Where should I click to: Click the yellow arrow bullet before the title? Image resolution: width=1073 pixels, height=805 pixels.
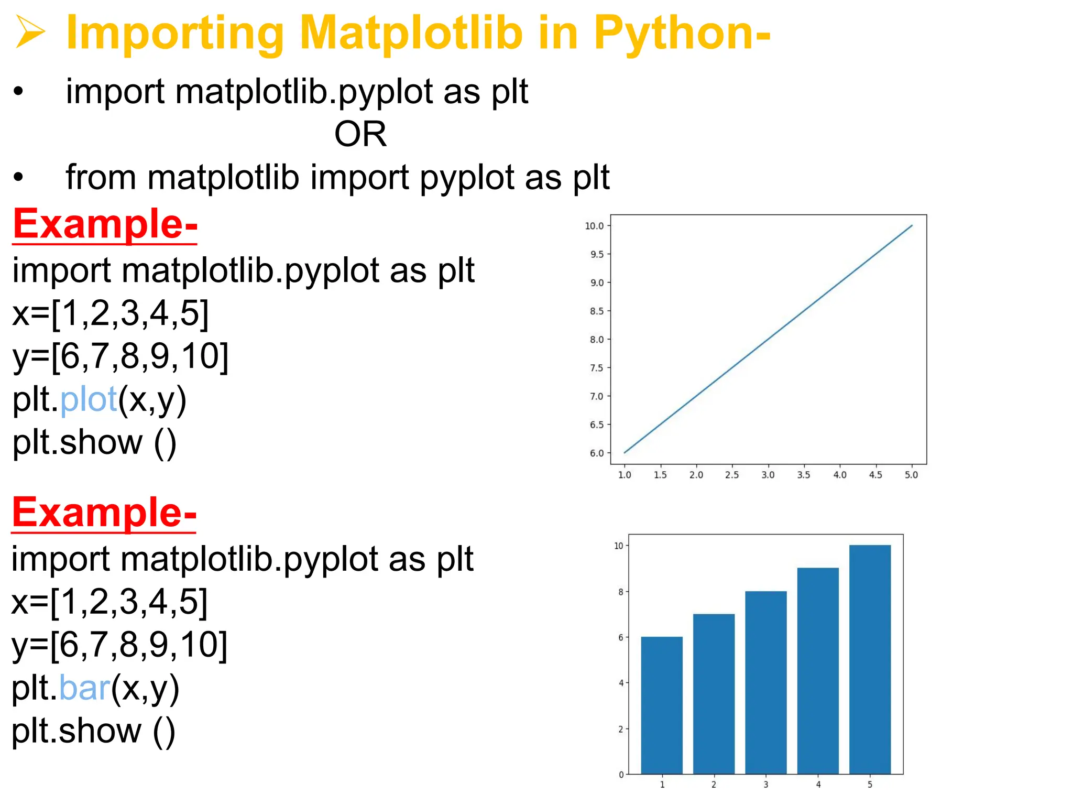pos(30,32)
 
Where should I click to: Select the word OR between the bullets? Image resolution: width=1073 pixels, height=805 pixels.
pos(360,134)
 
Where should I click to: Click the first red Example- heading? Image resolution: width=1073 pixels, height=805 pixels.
pos(105,224)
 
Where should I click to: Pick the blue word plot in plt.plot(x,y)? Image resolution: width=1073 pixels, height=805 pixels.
pos(89,399)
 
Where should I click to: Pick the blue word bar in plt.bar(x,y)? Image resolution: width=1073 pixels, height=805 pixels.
pos(84,688)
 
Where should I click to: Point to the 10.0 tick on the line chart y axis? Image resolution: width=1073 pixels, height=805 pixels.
pos(595,226)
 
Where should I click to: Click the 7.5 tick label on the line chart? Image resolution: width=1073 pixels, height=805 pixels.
pos(596,368)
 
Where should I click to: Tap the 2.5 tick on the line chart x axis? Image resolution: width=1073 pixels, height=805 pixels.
pos(732,475)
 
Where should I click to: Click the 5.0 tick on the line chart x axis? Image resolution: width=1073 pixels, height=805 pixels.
pos(912,475)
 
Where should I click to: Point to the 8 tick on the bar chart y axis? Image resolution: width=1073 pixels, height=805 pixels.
pos(621,592)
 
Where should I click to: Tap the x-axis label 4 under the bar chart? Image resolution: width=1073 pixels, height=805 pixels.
pos(818,785)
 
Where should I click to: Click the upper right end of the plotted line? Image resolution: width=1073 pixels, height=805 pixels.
pos(912,226)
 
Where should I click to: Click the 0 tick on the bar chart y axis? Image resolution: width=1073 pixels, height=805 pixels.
pos(621,775)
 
